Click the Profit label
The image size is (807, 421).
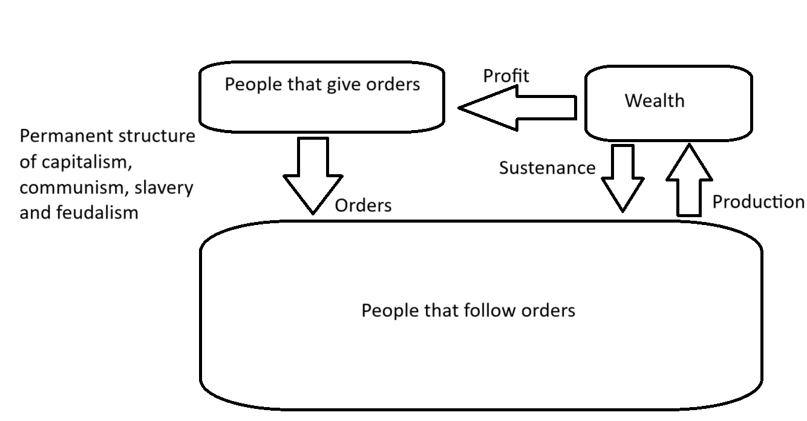tap(506, 76)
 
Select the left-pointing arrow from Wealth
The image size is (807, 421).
tap(517, 108)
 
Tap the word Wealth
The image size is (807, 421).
tap(655, 100)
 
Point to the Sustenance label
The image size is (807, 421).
tap(547, 168)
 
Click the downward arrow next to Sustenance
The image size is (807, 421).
tap(622, 178)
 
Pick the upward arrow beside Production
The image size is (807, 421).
tap(689, 180)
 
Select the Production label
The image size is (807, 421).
tap(759, 201)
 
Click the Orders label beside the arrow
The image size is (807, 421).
tap(363, 206)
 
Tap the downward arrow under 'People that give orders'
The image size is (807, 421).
tap(313, 176)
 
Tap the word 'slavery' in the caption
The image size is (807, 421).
tap(164, 188)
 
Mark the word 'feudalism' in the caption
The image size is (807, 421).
tap(97, 212)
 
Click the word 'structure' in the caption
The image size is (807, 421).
tap(157, 136)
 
